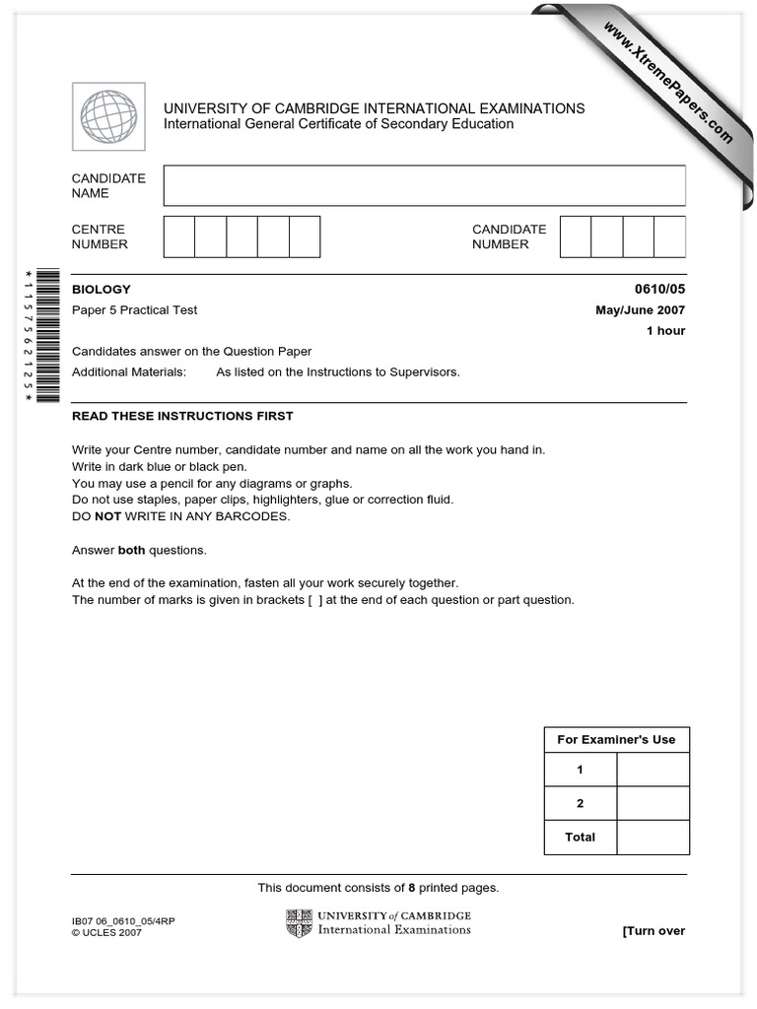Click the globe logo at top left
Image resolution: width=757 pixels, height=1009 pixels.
tap(108, 116)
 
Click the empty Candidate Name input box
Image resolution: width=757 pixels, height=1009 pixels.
tap(424, 185)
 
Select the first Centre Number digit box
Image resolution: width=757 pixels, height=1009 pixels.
tap(179, 236)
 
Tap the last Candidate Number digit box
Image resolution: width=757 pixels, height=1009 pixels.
tap(670, 236)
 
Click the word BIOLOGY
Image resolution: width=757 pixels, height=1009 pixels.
tap(102, 290)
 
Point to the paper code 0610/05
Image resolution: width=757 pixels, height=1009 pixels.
tap(659, 290)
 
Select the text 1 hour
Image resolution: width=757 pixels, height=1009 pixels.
tap(665, 331)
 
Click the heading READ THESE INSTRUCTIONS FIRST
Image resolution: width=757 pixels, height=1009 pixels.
tap(182, 416)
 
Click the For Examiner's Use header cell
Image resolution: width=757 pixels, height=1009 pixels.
tap(616, 740)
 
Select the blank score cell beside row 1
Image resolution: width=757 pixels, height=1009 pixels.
tap(653, 770)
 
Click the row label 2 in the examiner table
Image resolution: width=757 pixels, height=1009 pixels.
tap(580, 803)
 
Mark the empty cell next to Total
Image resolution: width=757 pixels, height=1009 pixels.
tap(653, 837)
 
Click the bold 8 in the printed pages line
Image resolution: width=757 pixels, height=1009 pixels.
tap(411, 888)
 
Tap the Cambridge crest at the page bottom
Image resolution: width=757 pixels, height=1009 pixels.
tap(299, 923)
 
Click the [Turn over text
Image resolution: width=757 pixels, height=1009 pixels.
tap(654, 931)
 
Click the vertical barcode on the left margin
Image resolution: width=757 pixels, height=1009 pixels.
tap(47, 336)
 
